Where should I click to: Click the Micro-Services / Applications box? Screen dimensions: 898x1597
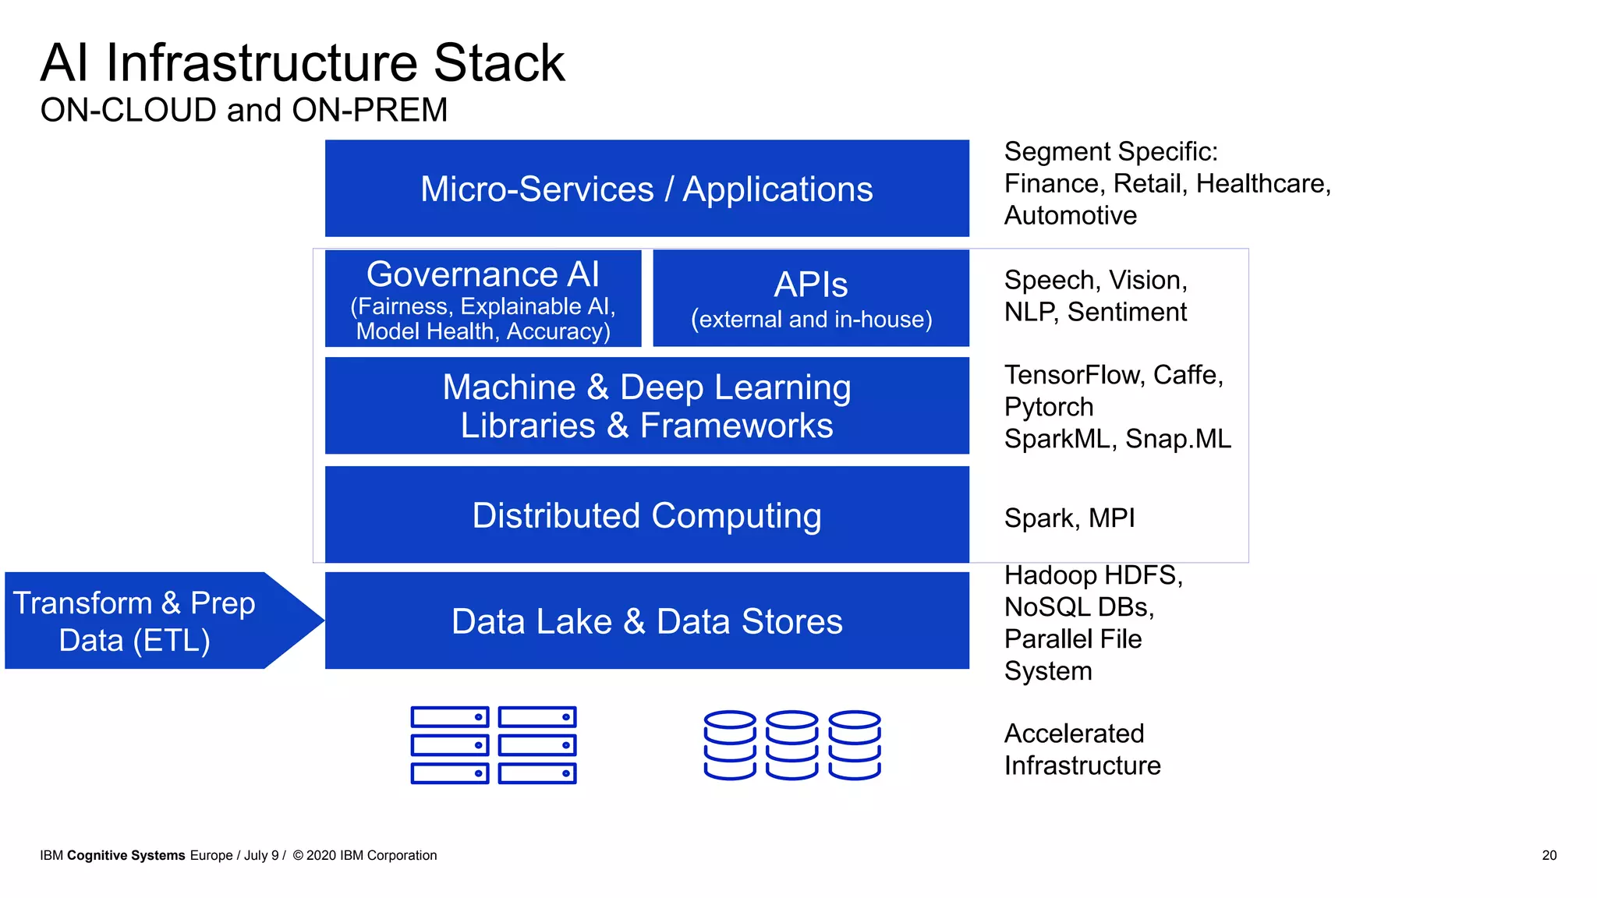[646, 189]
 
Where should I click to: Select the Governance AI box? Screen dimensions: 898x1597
[483, 299]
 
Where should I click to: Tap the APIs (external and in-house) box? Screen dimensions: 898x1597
[811, 299]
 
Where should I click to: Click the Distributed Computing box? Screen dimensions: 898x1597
[646, 515]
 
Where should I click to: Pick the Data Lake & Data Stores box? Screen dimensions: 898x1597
[646, 621]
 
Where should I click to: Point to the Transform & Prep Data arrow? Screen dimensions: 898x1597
[148, 621]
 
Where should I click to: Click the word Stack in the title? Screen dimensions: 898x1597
[499, 63]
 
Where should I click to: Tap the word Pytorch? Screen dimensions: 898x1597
[1048, 407]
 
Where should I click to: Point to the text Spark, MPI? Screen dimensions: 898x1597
[1069, 518]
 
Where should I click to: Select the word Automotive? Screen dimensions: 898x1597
[1070, 215]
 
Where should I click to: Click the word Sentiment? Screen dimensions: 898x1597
[1127, 312]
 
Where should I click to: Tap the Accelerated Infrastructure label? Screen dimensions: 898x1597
[1082, 749]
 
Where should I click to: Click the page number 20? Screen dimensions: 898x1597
[1549, 855]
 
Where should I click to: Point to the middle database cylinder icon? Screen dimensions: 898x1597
[791, 744]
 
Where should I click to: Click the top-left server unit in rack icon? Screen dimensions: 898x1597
[450, 717]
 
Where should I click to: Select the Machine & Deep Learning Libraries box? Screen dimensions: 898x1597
[646, 406]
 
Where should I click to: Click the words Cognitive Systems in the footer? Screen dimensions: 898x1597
[126, 855]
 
